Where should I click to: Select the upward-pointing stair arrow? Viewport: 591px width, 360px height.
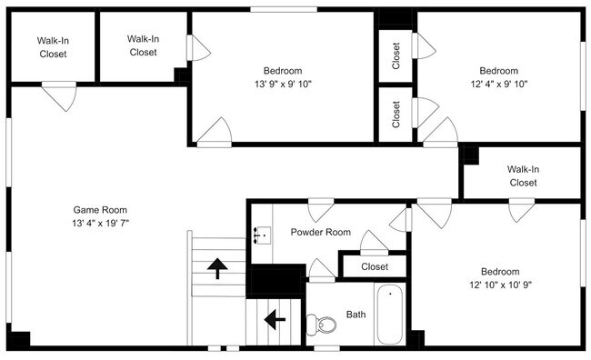pyautogui.click(x=217, y=267)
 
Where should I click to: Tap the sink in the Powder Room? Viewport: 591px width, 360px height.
pyautogui.click(x=262, y=235)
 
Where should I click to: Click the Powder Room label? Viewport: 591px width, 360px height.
pyautogui.click(x=320, y=232)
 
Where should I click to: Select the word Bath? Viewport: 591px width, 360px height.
pyautogui.click(x=356, y=315)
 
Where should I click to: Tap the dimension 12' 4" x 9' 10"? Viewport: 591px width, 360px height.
pyautogui.click(x=498, y=84)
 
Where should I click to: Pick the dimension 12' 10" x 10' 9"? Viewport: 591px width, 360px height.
pyautogui.click(x=500, y=285)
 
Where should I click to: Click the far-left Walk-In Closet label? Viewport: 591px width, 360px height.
pyautogui.click(x=53, y=47)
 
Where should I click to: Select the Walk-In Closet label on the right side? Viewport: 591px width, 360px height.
pyautogui.click(x=522, y=175)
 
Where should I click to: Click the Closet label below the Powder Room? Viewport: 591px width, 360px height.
pyautogui.click(x=374, y=266)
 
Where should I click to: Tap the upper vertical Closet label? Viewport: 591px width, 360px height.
pyautogui.click(x=396, y=55)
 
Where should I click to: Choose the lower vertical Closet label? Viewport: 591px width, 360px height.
pyautogui.click(x=396, y=113)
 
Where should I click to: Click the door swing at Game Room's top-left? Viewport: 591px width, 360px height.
pyautogui.click(x=59, y=95)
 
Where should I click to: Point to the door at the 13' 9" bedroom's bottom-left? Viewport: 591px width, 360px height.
pyautogui.click(x=215, y=133)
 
